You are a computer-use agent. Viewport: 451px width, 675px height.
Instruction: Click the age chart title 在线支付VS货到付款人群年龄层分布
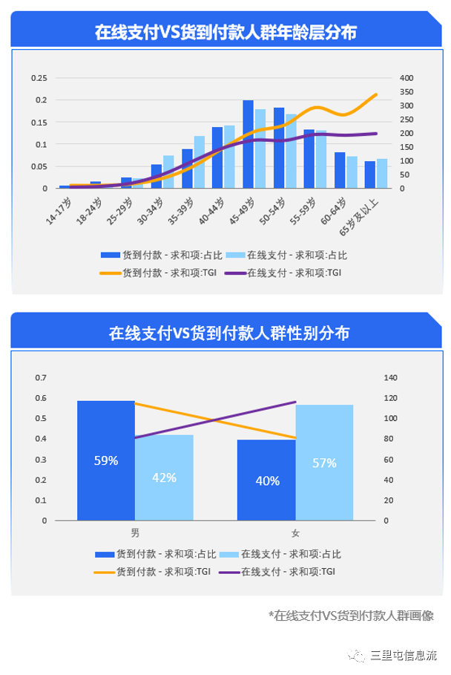click(x=225, y=32)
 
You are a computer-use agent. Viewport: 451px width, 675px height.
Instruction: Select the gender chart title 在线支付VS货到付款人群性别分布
click(x=225, y=333)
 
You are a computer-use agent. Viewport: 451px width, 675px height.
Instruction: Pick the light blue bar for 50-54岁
click(x=292, y=151)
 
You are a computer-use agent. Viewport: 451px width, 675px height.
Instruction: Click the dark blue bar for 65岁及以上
click(x=369, y=175)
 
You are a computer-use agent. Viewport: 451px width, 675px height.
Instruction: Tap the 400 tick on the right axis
click(x=406, y=78)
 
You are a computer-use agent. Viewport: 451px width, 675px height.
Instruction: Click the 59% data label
click(x=106, y=460)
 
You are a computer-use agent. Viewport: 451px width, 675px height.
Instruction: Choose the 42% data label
click(x=165, y=477)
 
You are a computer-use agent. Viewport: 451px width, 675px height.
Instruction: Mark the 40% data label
click(x=267, y=480)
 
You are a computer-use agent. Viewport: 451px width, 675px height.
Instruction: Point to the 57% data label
click(x=324, y=463)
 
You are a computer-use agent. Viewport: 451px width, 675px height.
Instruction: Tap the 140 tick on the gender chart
click(x=390, y=378)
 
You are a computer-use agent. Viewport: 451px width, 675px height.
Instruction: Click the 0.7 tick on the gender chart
click(x=40, y=378)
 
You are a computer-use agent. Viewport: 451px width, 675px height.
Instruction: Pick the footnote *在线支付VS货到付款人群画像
click(x=350, y=615)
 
